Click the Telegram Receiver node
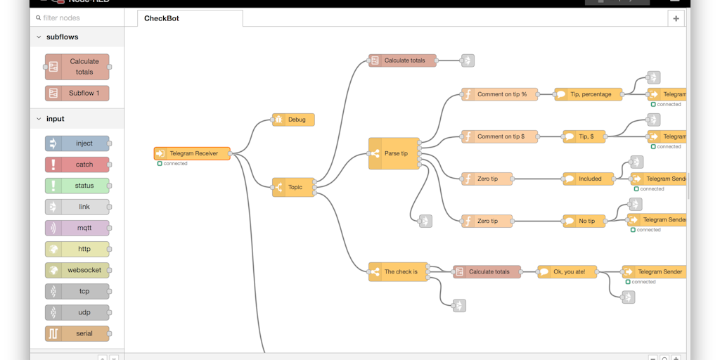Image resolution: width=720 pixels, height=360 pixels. coord(193,153)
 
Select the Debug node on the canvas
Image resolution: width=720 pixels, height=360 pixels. coord(294,120)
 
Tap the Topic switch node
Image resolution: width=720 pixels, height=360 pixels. coord(294,187)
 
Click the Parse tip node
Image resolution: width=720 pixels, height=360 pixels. coord(394,153)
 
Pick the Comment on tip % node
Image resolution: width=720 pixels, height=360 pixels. coord(500,94)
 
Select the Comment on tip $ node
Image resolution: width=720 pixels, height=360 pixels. coord(500,136)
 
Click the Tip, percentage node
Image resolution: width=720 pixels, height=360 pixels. coord(589,94)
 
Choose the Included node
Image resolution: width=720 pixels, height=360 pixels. coord(589,179)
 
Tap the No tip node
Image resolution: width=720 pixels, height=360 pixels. coord(585,221)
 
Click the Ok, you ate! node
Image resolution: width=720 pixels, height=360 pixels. coord(569,271)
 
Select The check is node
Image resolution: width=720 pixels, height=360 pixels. coord(398,271)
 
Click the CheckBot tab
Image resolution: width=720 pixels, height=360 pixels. coord(162,18)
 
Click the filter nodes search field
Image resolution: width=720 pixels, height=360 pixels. coord(79,18)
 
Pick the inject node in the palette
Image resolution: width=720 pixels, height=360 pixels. coord(77,143)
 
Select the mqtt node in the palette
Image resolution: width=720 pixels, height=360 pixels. coord(77,228)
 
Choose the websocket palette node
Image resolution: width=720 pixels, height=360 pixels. coord(77,270)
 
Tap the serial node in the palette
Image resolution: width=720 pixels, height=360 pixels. coord(77,333)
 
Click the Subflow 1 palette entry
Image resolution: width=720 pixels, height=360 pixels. coord(77,93)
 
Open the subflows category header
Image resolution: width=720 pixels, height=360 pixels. coord(62,37)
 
